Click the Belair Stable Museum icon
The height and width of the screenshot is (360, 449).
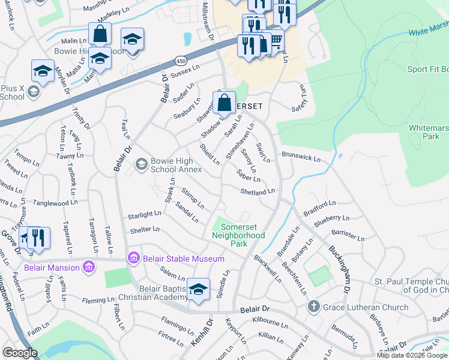pyautogui.click(x=134, y=259)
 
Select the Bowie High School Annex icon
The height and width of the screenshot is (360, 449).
pyautogui.click(x=142, y=164)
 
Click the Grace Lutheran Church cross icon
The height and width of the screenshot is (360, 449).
pyautogui.click(x=313, y=307)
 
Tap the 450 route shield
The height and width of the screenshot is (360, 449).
pyautogui.click(x=181, y=61)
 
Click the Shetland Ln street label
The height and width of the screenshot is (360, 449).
pyautogui.click(x=257, y=192)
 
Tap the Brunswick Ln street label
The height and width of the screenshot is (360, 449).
pyautogui.click(x=301, y=156)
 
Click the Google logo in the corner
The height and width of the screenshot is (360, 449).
pyautogui.click(x=20, y=353)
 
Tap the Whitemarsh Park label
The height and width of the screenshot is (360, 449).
pyautogui.click(x=428, y=132)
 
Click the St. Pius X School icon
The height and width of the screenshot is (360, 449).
pyautogui.click(x=34, y=91)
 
